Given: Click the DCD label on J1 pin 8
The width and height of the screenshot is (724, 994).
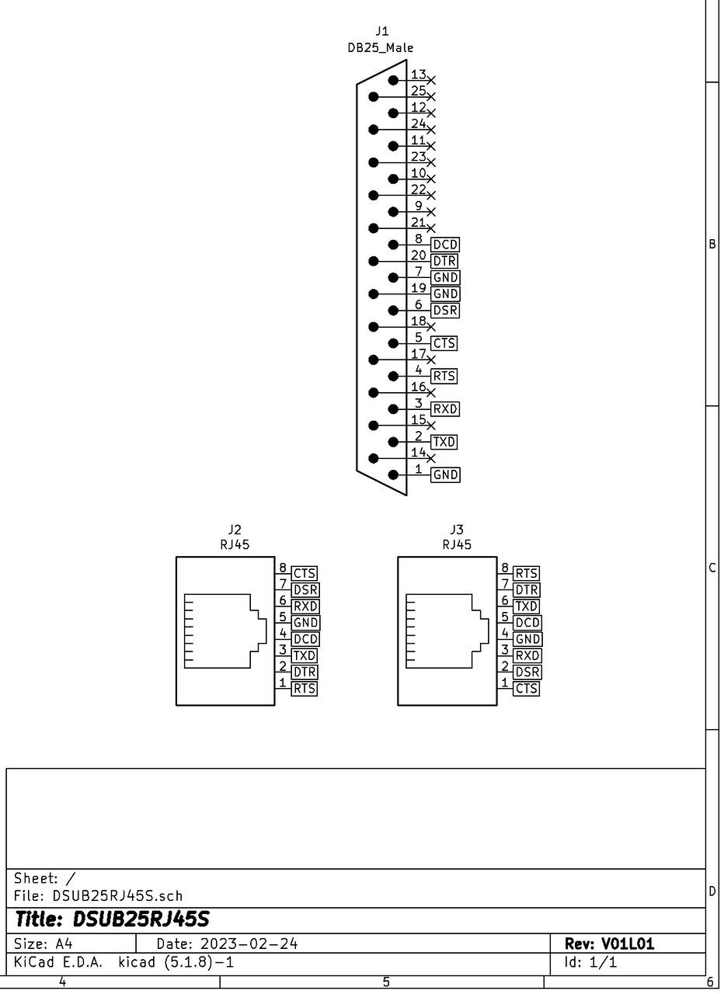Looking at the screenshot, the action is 445,245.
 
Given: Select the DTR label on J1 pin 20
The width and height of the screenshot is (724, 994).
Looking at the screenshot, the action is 444,261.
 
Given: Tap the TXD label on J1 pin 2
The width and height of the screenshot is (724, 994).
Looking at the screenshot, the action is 444,442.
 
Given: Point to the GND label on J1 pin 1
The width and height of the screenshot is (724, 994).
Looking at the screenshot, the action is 445,474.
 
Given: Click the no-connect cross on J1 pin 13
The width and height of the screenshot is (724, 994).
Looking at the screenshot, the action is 430,80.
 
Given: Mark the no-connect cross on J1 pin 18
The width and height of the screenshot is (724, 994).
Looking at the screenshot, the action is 430,327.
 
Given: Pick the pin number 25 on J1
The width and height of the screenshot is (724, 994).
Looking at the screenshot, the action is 418,91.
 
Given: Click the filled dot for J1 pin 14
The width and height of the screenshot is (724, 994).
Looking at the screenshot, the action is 374,458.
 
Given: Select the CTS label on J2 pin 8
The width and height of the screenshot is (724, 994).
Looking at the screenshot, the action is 304,573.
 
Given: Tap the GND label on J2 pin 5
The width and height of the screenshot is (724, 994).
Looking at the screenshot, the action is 305,623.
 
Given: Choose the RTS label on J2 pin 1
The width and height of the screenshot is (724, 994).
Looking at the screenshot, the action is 304,688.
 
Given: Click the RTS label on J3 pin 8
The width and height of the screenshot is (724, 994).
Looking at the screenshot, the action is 526,573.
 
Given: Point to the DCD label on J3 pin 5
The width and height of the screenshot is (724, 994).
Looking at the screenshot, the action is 527,623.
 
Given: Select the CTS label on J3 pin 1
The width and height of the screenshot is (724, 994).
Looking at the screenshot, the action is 526,688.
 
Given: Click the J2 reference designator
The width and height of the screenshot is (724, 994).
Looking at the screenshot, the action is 235,530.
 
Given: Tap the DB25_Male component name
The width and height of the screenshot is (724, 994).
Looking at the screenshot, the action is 381,48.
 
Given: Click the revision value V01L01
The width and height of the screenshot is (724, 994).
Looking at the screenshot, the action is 628,944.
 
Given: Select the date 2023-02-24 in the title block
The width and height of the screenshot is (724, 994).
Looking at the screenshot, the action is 249,944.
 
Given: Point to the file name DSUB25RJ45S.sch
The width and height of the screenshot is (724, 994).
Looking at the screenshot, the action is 117,896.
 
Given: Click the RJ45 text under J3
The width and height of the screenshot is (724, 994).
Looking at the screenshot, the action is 457,544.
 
